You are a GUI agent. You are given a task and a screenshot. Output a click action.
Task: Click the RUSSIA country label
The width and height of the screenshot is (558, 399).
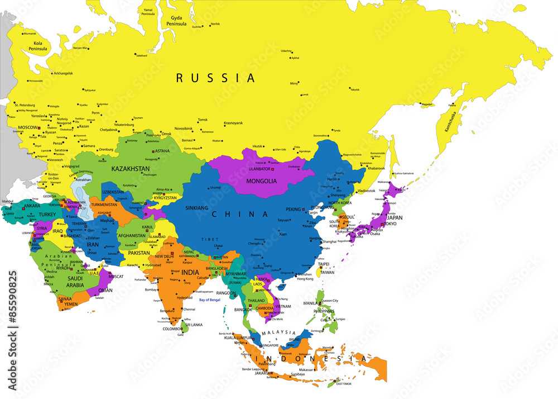(215, 78)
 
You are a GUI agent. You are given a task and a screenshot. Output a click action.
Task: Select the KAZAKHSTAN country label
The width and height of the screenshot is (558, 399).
(130, 168)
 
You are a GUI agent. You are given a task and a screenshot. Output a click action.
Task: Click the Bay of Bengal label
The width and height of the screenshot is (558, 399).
(210, 300)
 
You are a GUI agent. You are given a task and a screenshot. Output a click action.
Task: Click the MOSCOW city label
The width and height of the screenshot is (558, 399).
(27, 127)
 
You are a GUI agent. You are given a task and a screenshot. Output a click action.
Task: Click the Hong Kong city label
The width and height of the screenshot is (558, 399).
(306, 279)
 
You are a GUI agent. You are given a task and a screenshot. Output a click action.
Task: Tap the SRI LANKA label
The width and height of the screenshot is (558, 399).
(194, 324)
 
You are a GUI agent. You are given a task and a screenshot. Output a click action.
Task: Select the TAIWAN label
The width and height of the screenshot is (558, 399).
(328, 272)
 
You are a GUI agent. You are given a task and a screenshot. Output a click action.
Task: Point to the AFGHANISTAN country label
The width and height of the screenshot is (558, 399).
(132, 235)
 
